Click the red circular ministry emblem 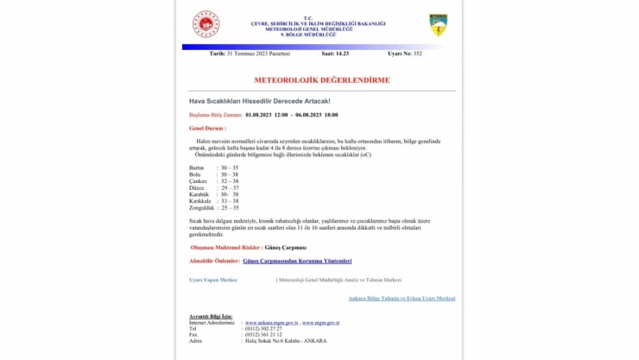(x=206, y=24)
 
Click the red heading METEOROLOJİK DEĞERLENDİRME (x=321, y=80)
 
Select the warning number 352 (x=418, y=54)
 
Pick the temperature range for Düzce (x=230, y=187)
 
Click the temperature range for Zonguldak (x=230, y=208)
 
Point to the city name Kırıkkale (x=201, y=201)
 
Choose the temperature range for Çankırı (x=230, y=180)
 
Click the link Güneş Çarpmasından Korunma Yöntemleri (x=297, y=261)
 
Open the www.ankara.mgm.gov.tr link (x=271, y=323)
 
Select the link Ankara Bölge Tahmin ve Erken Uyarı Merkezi (x=402, y=298)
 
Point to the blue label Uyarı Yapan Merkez (x=212, y=280)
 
